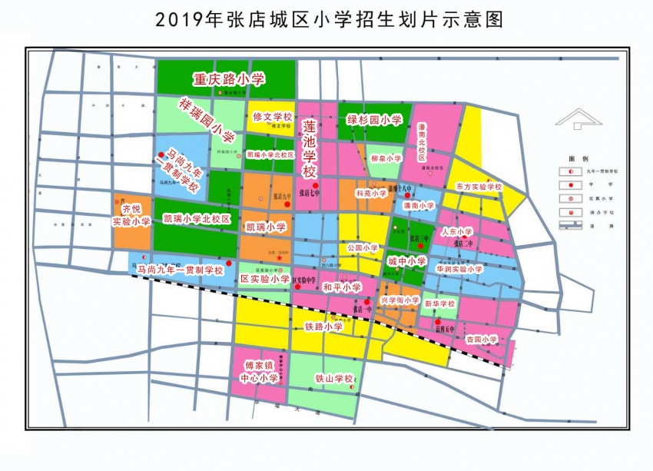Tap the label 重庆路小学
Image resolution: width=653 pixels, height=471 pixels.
click(229, 78)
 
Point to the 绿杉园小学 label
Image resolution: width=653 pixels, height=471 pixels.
click(375, 120)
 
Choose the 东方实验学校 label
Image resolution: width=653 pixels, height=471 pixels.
click(478, 187)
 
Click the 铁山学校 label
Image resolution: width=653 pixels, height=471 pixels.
click(333, 379)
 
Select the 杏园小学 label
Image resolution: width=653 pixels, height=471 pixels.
click(482, 338)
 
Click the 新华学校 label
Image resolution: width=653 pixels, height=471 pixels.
click(440, 303)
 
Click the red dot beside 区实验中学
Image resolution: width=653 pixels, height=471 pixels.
click(297, 289)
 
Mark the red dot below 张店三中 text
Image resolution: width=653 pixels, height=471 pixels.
click(421, 247)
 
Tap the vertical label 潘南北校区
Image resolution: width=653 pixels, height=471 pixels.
click(422, 143)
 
